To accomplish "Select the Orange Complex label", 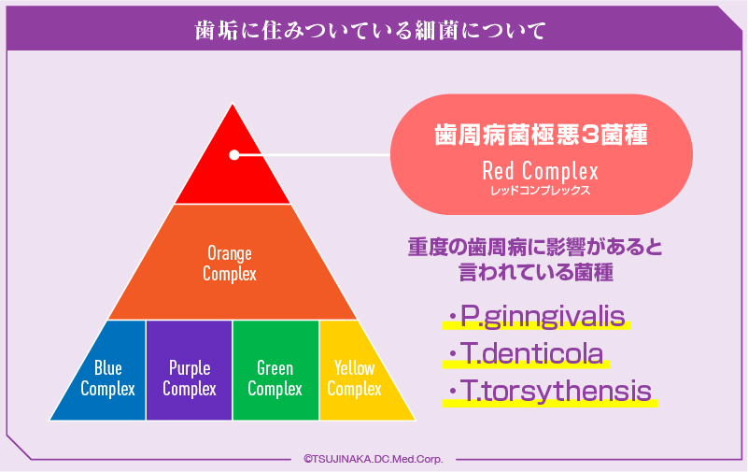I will coord(230,264).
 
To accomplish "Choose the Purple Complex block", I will coord(190,379).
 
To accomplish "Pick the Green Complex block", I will coord(275,379).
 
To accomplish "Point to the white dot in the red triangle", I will coord(234,155).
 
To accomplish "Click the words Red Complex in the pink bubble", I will coord(540,172).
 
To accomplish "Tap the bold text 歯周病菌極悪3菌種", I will coord(541,136).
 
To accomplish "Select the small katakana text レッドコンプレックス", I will coord(540,190).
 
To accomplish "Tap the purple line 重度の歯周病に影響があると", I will coord(534,248).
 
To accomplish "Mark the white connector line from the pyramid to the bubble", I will coord(318,155).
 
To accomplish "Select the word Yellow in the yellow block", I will coord(355,369).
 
